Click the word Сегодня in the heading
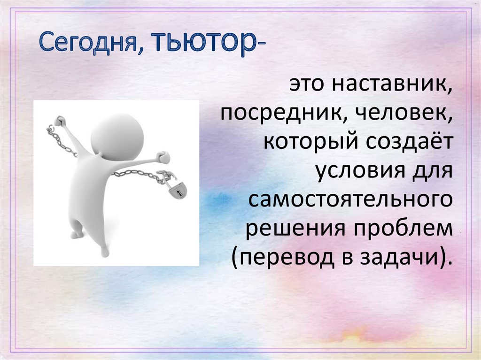pyautogui.click(x=88, y=42)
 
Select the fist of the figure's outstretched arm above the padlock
pyautogui.click(x=163, y=157)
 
